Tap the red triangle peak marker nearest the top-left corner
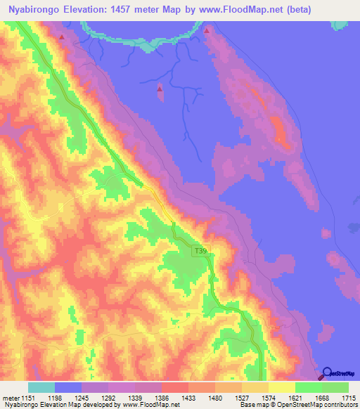coord(63,37)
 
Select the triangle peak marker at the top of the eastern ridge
coord(207,31)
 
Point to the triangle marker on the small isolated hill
coord(160,89)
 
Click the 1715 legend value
coord(348,397)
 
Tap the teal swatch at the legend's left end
coord(41,387)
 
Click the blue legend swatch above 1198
coord(68,387)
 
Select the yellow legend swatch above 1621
coord(281,387)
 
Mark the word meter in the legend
coord(12,397)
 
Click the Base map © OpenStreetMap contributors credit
coord(297,405)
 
